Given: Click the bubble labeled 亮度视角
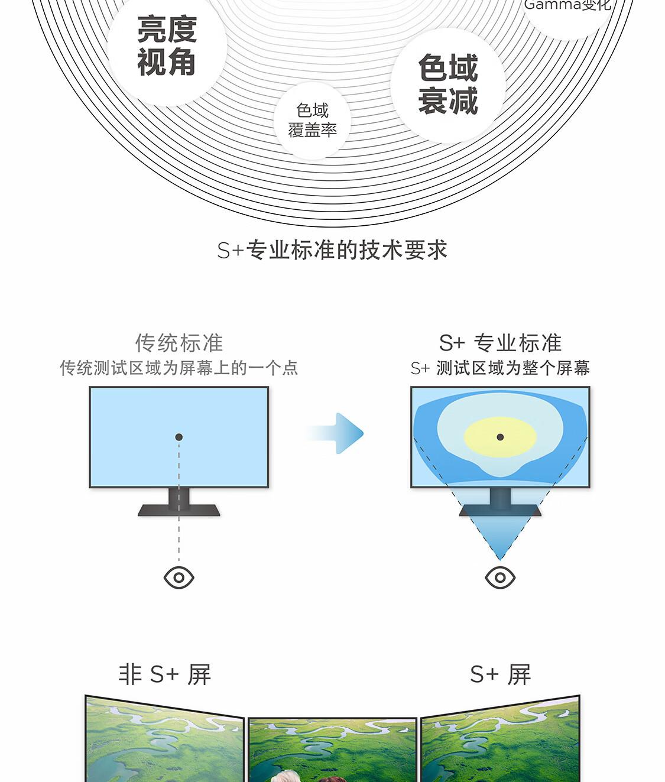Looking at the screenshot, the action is click(167, 47).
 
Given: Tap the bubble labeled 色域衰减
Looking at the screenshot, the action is click(448, 86).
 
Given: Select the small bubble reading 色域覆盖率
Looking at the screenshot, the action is click(312, 121).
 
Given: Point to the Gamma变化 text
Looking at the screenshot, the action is click(567, 5).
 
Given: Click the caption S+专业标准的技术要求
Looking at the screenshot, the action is click(332, 250).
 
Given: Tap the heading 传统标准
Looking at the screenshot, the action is click(179, 343).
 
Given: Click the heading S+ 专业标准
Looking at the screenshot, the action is click(500, 343).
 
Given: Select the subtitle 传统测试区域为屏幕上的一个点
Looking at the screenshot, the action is click(179, 368).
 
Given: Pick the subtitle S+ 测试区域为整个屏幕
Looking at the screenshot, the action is click(500, 368).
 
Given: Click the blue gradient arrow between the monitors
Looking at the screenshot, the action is click(335, 433).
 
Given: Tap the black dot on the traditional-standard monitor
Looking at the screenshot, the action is click(179, 437).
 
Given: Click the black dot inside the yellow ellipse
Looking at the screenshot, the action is click(500, 437).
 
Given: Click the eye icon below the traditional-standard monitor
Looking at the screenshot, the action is click(179, 577).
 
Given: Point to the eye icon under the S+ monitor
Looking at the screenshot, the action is click(500, 577).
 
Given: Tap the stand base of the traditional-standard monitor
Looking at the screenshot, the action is click(179, 510).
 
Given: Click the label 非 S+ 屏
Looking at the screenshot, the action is click(165, 674).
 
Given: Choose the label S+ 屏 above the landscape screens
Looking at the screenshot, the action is click(500, 674).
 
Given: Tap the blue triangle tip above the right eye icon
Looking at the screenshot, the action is click(499, 560).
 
